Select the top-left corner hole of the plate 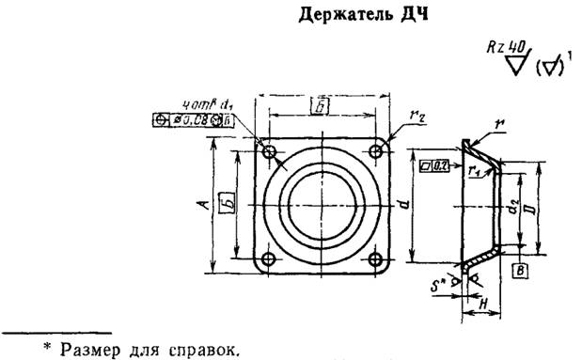270,150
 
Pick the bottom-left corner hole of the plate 270,258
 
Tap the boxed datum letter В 519,271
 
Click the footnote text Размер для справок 142,348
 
